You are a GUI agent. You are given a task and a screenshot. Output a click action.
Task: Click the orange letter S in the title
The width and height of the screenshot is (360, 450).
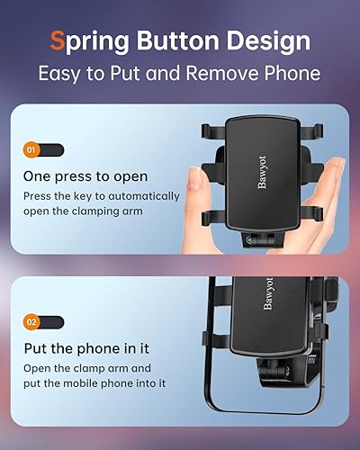(x=56, y=40)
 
